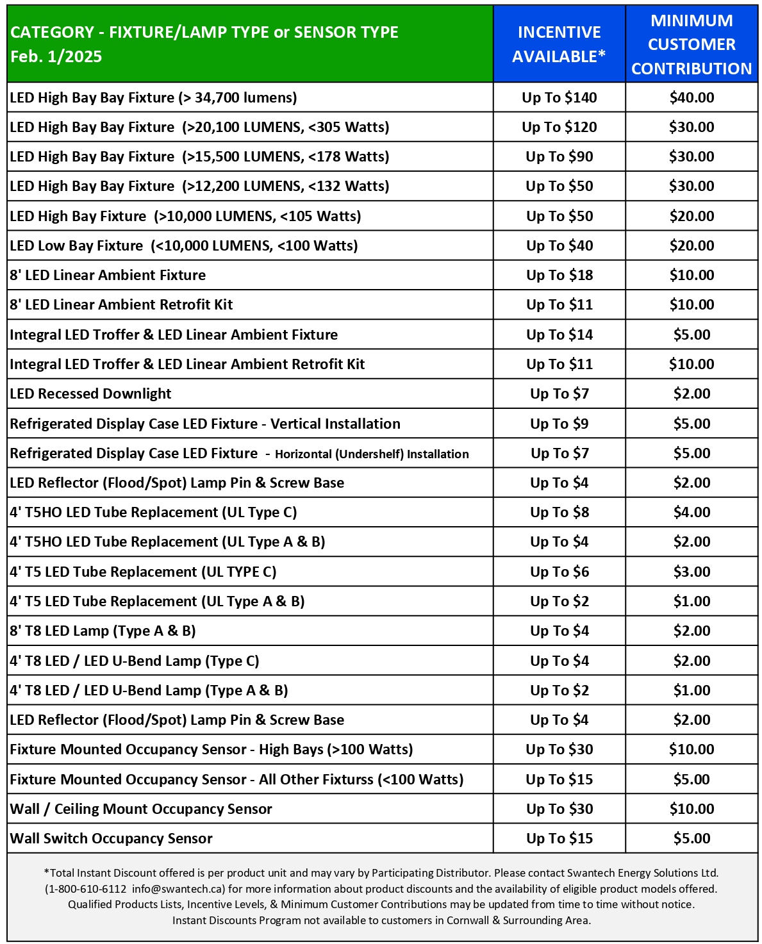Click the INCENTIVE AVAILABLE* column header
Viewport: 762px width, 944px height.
click(559, 44)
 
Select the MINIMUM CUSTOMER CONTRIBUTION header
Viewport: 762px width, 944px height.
click(692, 44)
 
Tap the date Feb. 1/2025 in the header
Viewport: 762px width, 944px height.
click(56, 56)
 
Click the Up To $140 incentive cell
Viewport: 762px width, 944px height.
click(559, 97)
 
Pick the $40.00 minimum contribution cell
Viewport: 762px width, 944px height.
click(692, 97)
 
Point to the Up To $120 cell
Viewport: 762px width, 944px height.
click(559, 127)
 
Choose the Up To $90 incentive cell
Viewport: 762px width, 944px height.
click(559, 156)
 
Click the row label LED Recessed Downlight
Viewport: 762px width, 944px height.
click(90, 393)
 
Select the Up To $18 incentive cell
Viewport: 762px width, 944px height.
click(559, 275)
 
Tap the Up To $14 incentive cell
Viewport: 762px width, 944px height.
click(559, 335)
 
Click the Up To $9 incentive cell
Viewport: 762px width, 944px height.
click(559, 424)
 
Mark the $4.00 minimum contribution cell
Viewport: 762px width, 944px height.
click(692, 512)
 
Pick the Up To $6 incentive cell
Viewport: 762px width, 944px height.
click(559, 572)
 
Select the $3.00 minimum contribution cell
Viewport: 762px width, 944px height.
click(692, 572)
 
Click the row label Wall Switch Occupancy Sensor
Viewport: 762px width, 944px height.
click(111, 838)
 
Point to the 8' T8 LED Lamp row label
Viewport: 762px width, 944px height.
click(103, 631)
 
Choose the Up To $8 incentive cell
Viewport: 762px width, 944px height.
click(559, 512)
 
